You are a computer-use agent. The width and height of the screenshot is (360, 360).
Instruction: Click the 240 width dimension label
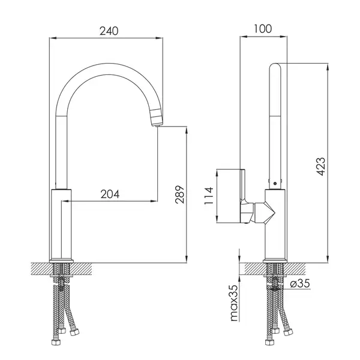109,31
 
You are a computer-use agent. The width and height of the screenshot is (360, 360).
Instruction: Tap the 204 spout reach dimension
110,194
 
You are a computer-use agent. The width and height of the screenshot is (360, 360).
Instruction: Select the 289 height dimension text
180,194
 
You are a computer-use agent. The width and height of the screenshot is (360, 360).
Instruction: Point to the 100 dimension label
263,29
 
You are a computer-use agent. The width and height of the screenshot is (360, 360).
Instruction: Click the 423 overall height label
321,166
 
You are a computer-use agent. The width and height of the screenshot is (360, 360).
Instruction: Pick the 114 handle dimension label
209,196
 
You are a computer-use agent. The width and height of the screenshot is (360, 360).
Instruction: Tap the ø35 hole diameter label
300,283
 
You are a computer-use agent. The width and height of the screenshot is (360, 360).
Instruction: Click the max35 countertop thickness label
234,303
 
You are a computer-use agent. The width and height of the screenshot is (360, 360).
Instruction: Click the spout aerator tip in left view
157,118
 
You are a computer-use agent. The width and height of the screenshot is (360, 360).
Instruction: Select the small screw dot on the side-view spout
275,184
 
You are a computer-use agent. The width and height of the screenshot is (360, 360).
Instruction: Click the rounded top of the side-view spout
275,67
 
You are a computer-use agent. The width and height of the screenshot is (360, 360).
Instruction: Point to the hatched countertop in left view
62,269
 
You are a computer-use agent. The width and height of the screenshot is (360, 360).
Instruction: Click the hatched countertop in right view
275,269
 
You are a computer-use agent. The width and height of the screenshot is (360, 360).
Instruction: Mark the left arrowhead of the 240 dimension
53,38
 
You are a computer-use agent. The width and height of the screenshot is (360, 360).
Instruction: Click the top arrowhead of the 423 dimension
328,67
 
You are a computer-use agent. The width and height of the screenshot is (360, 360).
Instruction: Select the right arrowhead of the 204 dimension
154,201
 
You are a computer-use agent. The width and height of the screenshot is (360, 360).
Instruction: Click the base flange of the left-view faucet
61,261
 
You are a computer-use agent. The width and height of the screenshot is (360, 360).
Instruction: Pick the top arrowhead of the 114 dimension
217,173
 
